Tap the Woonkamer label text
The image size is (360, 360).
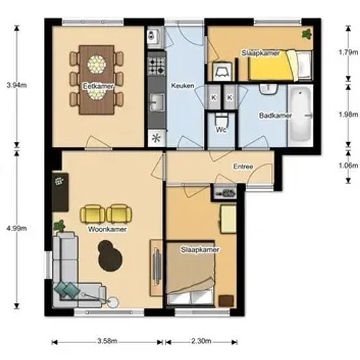[x=107, y=229]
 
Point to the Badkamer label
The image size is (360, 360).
[x=276, y=115]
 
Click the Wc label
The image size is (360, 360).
[x=221, y=130]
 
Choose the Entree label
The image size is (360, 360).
[x=243, y=166]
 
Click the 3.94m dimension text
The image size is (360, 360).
[x=17, y=85]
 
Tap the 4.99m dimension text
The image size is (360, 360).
[x=17, y=228]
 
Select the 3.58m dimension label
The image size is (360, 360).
[x=107, y=341]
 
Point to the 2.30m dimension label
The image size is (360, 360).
[x=202, y=341]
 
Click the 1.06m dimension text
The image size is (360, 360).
[x=348, y=166]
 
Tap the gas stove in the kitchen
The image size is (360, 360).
[x=156, y=66]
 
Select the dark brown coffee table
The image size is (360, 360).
[x=110, y=255]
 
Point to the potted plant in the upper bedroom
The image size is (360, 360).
[x=307, y=34]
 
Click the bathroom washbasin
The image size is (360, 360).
[x=268, y=88]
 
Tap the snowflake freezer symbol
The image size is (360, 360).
[x=156, y=138]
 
